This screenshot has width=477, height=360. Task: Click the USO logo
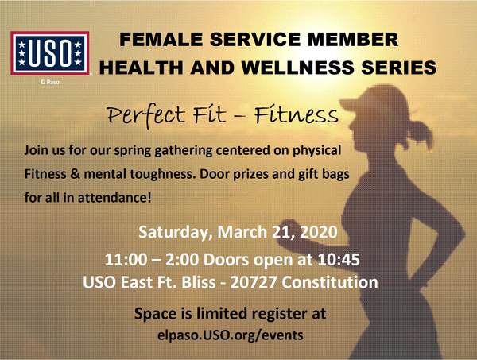pos(50,53)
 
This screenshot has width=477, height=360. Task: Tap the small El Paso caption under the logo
pos(50,82)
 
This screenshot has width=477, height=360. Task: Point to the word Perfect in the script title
pos(146,115)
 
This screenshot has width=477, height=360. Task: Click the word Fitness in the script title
pos(297,114)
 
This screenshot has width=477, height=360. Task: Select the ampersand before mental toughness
pos(75,174)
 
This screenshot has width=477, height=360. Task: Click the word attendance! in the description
pos(114,198)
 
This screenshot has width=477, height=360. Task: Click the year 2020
pos(319,232)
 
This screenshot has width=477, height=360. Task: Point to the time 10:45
pos(339,260)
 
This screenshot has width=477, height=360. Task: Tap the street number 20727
pos(254,282)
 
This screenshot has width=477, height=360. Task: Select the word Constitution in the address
pos(330,282)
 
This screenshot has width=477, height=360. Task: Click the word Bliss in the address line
pos(199,282)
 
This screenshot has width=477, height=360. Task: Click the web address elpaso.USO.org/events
pos(231,335)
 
